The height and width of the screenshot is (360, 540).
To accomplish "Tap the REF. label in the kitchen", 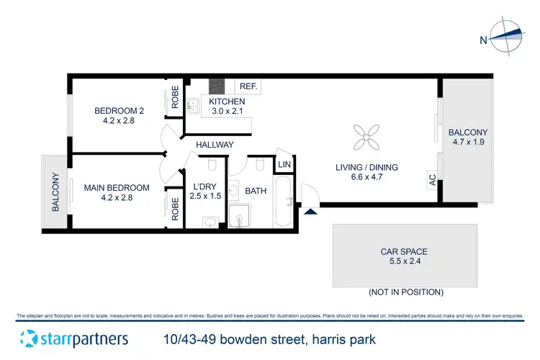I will pos(248,86).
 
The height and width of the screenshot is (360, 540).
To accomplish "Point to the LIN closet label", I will pos(284,166).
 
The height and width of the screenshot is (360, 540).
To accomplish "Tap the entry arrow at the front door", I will pos(310,211).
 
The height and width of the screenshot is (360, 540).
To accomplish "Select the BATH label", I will pos(256,192).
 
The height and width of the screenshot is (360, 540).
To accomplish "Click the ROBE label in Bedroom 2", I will pos(175,96).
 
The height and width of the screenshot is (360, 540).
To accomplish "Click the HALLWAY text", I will pos(214,145).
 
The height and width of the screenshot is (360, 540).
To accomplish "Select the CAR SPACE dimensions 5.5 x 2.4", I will pos(404,263).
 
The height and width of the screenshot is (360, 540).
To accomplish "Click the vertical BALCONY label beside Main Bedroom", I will pos(55,193).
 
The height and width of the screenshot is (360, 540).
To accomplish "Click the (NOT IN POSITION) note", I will pos(405,292).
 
